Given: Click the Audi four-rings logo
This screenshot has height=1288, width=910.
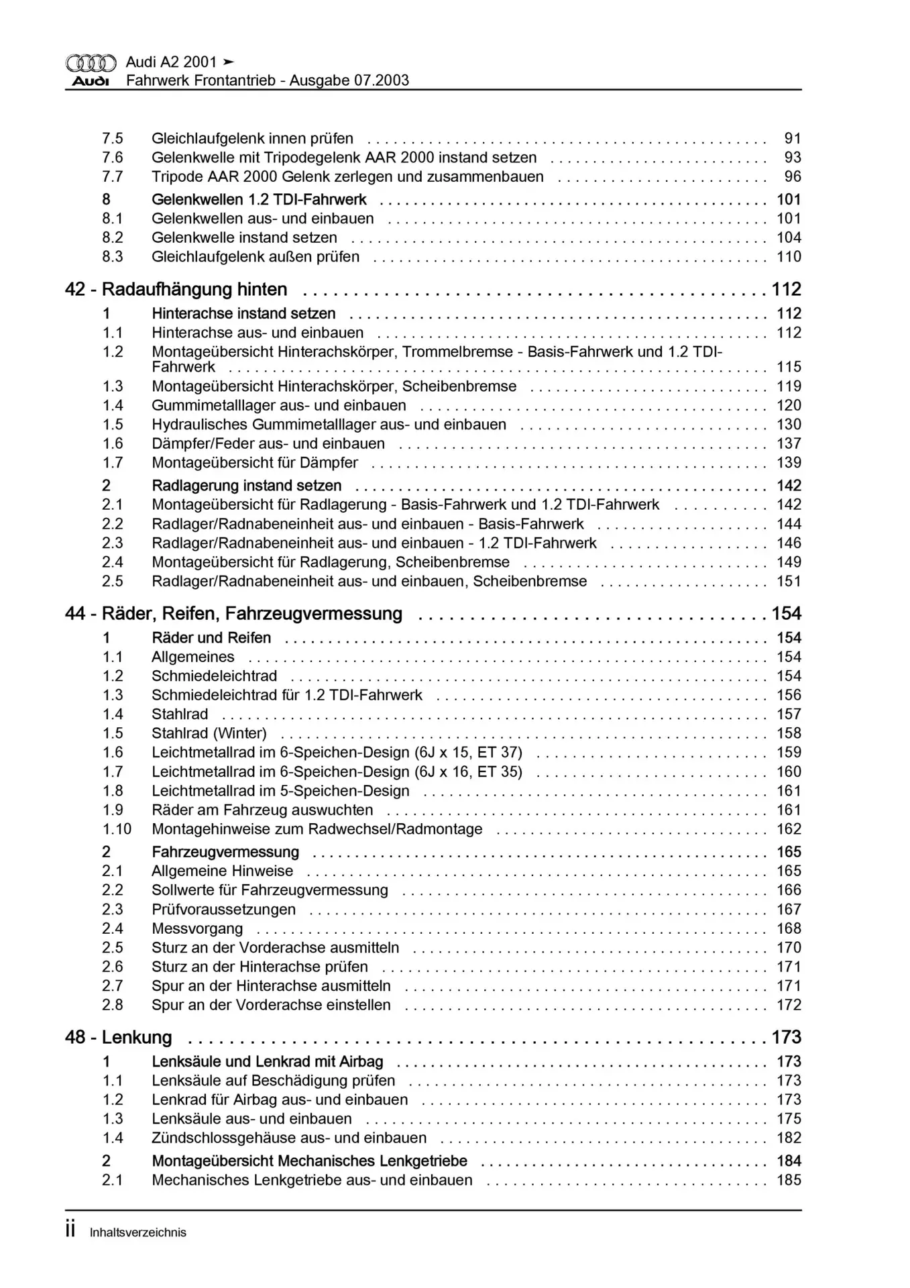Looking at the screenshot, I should click(91, 63).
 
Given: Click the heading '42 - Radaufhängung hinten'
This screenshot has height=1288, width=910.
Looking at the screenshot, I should click(176, 290).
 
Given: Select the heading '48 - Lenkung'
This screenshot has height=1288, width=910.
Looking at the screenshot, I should click(119, 1038).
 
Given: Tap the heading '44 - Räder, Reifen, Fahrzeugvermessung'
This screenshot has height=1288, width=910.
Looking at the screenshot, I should click(233, 614).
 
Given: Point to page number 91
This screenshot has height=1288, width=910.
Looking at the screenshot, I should click(793, 139).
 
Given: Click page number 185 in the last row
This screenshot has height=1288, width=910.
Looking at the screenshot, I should click(789, 1180).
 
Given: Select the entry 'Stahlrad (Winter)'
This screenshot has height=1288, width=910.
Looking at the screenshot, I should click(209, 733).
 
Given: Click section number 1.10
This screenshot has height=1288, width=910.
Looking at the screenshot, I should click(117, 829).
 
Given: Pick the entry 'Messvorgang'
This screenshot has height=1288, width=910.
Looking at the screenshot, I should click(197, 928).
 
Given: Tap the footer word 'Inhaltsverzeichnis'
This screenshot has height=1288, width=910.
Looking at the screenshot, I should click(137, 1232).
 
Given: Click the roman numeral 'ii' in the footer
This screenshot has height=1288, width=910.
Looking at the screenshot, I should click(71, 1231).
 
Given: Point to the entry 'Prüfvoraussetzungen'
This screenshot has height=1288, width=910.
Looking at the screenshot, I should click(223, 910).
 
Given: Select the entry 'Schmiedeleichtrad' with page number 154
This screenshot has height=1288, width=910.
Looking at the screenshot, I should click(214, 676).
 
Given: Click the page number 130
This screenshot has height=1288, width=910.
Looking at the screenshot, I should click(789, 425).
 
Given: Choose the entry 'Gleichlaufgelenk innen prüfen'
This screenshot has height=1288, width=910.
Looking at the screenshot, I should click(252, 139).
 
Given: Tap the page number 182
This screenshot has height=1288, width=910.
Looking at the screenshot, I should click(789, 1138).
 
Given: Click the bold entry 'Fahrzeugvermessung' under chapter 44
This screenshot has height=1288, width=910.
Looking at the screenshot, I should click(225, 852).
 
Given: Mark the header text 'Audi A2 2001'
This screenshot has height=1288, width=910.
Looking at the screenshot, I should click(171, 62).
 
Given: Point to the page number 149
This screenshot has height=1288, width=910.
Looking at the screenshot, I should click(789, 562).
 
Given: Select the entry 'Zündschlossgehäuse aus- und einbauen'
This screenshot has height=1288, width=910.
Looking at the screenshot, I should click(289, 1138).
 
